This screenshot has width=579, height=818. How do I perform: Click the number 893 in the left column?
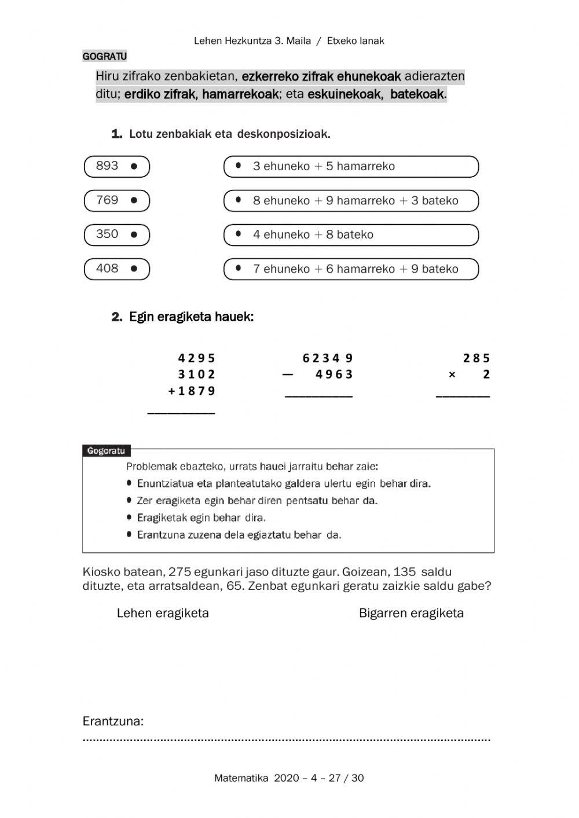[x=107, y=166]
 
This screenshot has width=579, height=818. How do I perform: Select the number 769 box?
[x=116, y=200]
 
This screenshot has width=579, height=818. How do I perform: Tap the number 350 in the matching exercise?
[x=107, y=234]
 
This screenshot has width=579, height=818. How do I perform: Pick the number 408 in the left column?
[x=107, y=269]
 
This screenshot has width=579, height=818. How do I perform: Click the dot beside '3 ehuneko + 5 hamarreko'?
[x=239, y=166]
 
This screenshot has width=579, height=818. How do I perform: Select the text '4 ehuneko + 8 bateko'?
[x=313, y=234]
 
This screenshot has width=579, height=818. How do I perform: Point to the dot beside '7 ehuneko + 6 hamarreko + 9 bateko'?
[x=239, y=268]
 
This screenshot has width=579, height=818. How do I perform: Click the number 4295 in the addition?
[x=196, y=358]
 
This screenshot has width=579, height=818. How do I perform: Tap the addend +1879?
[x=192, y=391]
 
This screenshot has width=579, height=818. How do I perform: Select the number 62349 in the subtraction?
[x=328, y=358]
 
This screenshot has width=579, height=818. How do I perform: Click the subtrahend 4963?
[x=334, y=374]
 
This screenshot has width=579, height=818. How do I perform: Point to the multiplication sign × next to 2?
[x=452, y=375]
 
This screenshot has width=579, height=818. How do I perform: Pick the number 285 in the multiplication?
[x=477, y=358]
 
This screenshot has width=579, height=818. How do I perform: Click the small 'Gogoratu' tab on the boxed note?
[x=106, y=450]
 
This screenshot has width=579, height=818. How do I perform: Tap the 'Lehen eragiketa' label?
[x=163, y=613]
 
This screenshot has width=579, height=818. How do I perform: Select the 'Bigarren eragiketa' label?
[x=411, y=613]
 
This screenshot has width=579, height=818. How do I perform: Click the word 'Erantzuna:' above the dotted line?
[x=113, y=721]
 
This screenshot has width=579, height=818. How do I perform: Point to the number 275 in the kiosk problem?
[x=179, y=572]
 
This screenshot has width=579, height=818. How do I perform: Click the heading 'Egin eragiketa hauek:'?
[x=191, y=317]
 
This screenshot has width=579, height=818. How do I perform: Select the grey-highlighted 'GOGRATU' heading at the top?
[x=105, y=56]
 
